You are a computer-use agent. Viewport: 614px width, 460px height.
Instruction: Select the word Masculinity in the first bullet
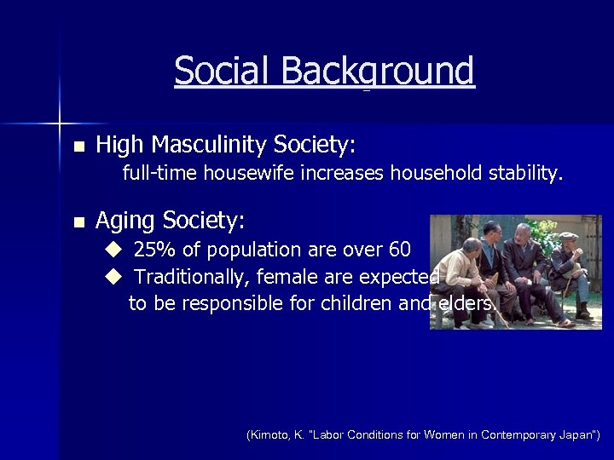coord(206,145)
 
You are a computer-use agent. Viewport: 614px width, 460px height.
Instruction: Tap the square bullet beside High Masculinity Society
coord(79,147)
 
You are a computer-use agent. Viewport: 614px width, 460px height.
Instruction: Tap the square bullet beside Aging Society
coord(79,222)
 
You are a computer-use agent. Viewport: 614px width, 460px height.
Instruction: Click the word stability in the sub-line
coord(524,174)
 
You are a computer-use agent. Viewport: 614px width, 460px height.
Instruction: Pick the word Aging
coord(124,221)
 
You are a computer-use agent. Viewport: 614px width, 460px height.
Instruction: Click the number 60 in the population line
coord(399,250)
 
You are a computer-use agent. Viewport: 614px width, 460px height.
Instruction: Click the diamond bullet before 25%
coord(114,250)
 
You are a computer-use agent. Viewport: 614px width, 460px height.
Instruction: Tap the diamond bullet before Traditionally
coord(114,277)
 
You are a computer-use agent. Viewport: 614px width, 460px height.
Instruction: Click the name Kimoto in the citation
coord(269,434)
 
